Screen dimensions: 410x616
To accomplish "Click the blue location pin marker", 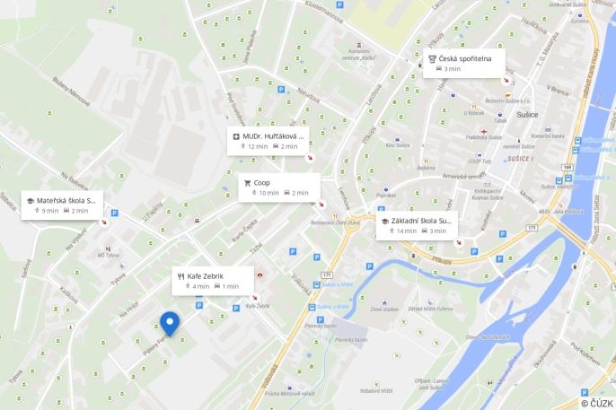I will (x=169, y=324).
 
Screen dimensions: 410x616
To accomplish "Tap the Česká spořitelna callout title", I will (x=466, y=57).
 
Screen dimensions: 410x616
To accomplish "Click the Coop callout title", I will (x=262, y=182).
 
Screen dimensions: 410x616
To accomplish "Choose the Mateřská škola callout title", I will (x=66, y=200).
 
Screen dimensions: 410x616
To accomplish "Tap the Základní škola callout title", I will (x=421, y=220).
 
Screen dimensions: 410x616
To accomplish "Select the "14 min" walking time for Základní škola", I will (x=407, y=231).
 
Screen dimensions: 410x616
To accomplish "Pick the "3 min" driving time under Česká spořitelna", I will (x=452, y=68).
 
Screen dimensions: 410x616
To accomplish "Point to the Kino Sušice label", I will (x=397, y=144).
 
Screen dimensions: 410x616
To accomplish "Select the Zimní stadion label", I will (x=383, y=309).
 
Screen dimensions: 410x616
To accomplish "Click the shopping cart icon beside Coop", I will (x=247, y=182).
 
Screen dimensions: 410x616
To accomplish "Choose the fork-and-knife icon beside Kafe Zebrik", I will (x=180, y=275).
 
